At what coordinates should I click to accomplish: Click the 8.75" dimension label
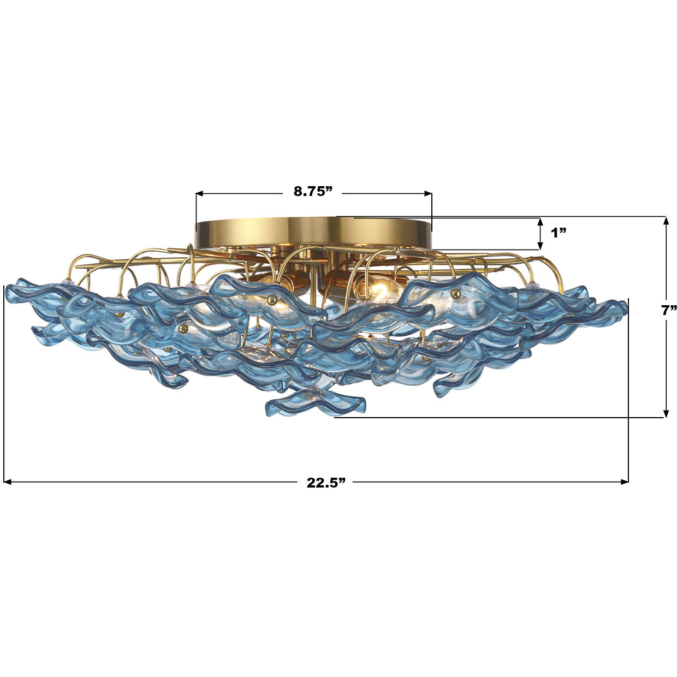click(x=313, y=191)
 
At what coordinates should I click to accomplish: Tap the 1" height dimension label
click(x=558, y=233)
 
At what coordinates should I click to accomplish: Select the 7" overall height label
click(x=668, y=311)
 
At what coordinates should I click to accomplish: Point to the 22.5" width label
click(x=326, y=483)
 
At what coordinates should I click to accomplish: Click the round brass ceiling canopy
click(x=313, y=232)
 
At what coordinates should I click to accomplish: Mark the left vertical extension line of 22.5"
click(x=4, y=382)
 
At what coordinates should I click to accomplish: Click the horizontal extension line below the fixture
click(x=491, y=418)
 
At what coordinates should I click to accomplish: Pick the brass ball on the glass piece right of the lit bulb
click(x=456, y=294)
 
